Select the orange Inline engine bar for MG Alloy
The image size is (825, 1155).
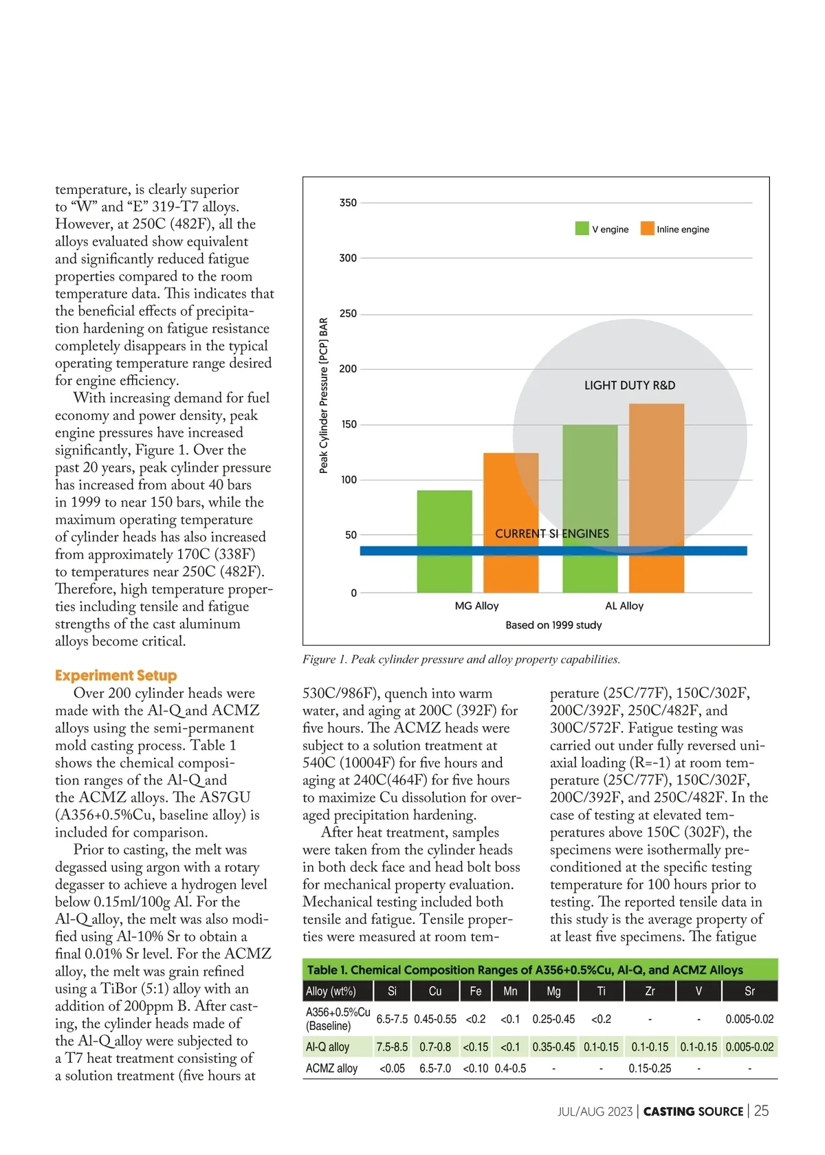point(511,522)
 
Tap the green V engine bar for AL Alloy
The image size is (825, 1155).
point(590,509)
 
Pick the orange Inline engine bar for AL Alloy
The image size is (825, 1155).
point(657,498)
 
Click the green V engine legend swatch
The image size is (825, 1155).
point(582,229)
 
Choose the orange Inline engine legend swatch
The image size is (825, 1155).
point(647,229)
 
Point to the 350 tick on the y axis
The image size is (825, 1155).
point(348,203)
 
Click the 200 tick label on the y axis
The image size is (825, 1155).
point(348,369)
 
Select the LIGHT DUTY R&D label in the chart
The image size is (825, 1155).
point(630,386)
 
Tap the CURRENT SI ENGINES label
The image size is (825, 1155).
point(552,533)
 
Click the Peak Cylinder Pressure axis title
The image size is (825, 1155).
point(324,395)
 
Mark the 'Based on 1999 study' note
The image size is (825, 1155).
point(553,625)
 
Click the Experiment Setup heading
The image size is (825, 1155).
point(116,675)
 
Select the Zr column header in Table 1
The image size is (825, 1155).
point(650,991)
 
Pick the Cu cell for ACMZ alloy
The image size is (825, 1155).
point(435,1068)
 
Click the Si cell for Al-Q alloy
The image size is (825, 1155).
point(392,1047)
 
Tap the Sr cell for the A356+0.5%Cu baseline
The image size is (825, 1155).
point(749,1019)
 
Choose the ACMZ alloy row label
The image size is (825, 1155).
point(331,1068)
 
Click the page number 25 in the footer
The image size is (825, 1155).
point(761,1111)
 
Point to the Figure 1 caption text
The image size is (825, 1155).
point(461,659)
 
